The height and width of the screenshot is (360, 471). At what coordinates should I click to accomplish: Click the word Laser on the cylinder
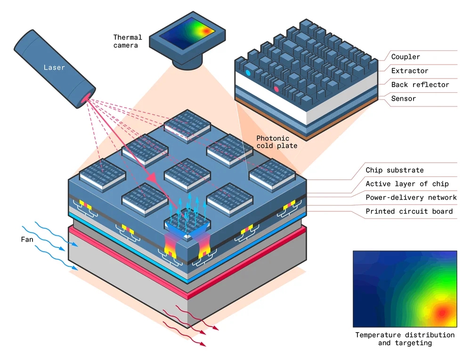click(54, 67)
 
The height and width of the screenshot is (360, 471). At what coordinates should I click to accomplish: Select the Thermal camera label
click(126, 41)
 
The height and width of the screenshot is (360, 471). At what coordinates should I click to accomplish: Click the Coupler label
click(406, 57)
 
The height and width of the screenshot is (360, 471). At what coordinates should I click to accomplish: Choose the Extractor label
click(410, 71)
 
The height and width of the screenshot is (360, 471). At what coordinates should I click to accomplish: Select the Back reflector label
click(420, 85)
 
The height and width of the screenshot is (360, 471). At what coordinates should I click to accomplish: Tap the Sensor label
click(404, 99)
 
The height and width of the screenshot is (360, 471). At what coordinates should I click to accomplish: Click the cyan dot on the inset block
click(248, 73)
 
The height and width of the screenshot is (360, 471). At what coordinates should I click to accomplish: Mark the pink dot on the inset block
click(276, 88)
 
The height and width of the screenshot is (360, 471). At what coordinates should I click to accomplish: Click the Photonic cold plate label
click(276, 142)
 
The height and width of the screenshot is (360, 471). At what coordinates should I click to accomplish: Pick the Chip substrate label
click(395, 170)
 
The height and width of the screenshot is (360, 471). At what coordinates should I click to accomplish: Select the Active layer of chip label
click(407, 184)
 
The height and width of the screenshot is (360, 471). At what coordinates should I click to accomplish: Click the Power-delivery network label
click(411, 198)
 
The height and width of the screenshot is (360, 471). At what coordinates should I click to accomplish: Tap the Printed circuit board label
click(409, 211)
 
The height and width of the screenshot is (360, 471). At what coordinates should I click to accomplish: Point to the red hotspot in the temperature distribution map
click(441, 312)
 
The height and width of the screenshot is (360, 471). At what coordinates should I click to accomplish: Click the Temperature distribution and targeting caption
click(405, 339)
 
